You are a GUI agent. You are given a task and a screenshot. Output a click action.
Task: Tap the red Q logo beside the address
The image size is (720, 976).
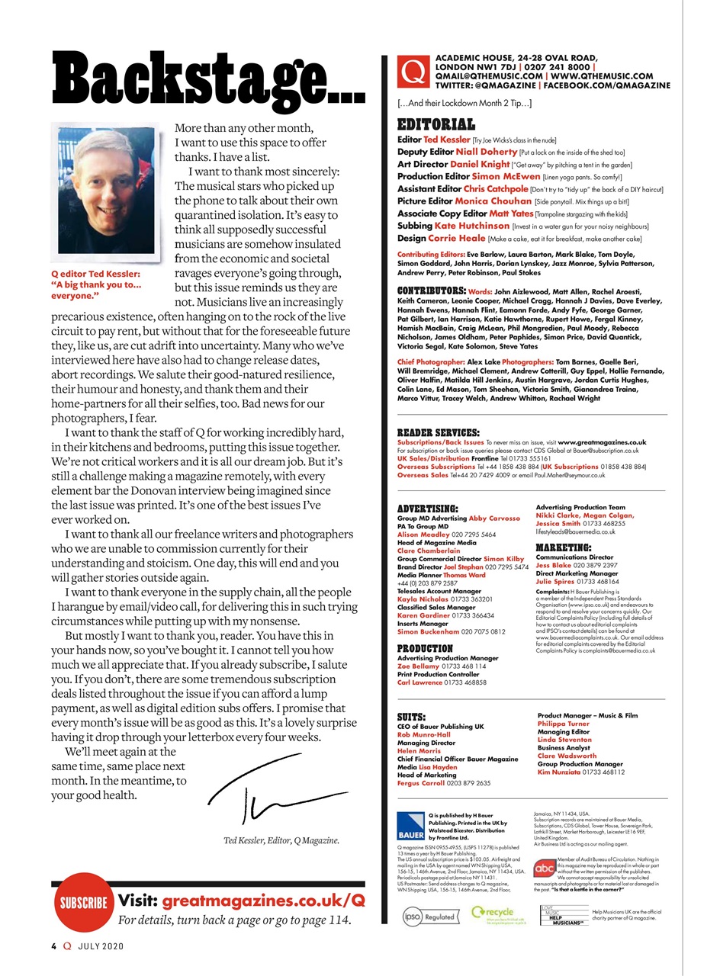point(413,72)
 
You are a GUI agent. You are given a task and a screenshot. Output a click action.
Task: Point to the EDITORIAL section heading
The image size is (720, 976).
point(436,125)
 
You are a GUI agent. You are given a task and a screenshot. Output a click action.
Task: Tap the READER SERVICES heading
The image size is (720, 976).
point(438,432)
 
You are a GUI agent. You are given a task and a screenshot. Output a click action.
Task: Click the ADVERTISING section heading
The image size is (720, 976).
point(427,508)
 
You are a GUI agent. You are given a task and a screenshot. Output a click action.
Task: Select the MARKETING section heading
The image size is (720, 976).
point(563,547)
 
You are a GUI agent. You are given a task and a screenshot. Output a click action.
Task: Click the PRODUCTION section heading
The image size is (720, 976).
point(425,648)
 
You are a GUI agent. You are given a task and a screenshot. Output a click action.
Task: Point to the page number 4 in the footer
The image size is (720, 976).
point(53,946)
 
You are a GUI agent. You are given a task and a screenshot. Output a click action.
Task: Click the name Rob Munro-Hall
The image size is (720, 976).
point(423,735)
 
